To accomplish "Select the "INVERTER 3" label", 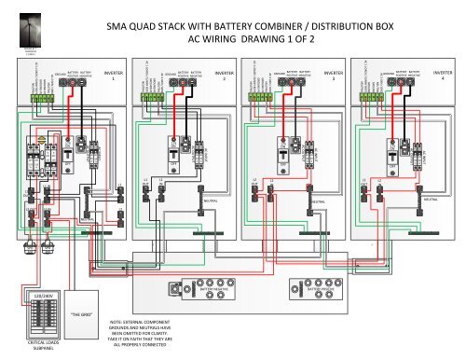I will tap(333, 75).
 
